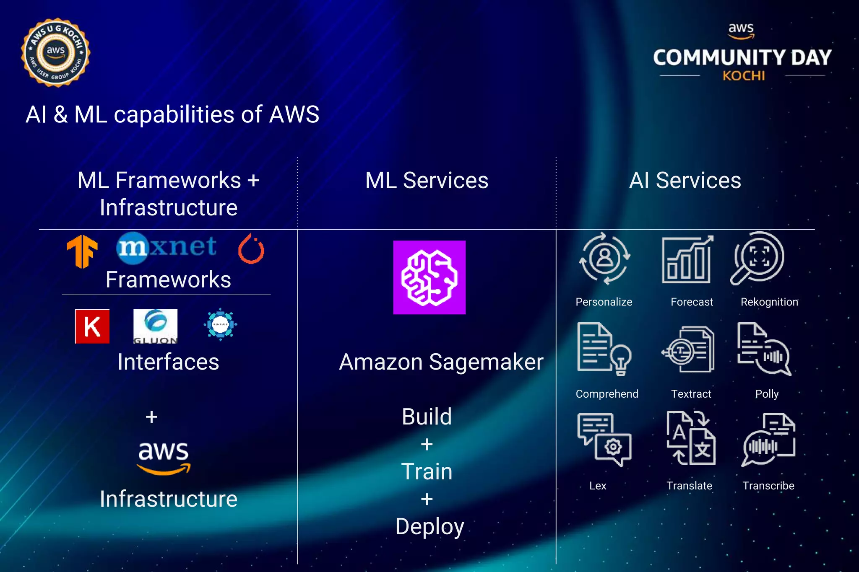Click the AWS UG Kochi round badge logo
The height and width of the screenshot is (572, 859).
55,53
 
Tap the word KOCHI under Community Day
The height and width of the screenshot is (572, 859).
743,76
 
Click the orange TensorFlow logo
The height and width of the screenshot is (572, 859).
82,251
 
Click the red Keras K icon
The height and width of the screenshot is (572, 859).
92,326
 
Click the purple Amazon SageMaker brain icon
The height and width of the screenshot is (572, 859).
429,277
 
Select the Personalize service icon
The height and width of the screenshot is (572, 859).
604,258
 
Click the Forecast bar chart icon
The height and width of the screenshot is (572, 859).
687,259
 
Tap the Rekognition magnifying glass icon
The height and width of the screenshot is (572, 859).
757,258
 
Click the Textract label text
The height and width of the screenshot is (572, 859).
691,394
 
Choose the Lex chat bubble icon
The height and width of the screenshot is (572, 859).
604,439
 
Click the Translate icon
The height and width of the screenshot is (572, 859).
691,438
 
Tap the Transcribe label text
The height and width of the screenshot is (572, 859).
768,486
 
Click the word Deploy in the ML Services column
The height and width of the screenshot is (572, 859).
429,526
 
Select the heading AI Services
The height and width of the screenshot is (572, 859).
685,181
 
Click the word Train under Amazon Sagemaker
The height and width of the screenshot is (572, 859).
427,471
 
